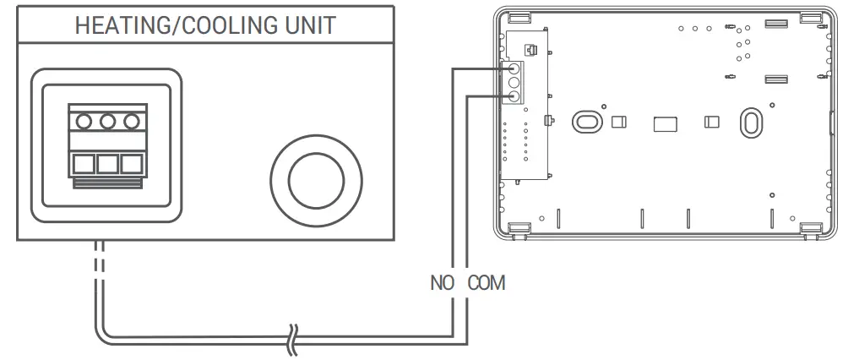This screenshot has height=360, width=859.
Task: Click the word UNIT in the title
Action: [x=307, y=25]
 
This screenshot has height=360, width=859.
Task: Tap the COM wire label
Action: [x=487, y=282]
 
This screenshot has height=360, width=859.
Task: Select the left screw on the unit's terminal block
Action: [x=84, y=123]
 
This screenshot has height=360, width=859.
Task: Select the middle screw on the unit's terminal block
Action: [x=106, y=123]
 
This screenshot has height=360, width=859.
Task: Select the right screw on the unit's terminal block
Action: [x=130, y=123]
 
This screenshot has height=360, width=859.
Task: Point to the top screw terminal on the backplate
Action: [x=513, y=70]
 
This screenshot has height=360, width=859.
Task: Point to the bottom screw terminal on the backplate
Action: [x=513, y=97]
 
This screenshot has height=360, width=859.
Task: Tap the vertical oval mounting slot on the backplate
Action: [x=748, y=122]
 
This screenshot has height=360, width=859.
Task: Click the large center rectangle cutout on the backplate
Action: [x=665, y=124]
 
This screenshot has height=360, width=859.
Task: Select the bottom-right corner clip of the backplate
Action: [x=811, y=228]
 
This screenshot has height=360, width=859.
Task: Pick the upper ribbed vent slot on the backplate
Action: [x=776, y=26]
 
